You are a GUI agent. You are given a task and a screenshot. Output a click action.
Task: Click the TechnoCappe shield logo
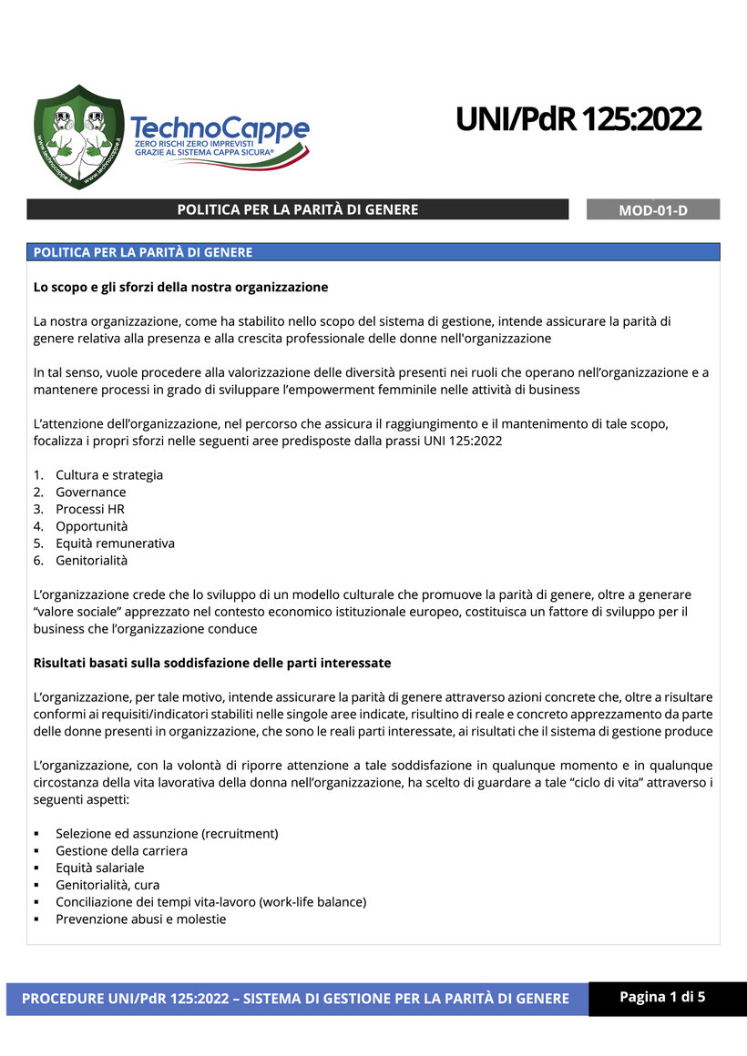pos(78,137)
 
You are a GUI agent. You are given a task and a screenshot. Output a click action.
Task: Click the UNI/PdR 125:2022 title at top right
pos(578,118)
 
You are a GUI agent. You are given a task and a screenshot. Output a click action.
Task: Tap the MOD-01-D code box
pos(653,210)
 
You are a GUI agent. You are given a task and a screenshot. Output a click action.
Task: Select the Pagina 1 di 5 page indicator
pos(662,997)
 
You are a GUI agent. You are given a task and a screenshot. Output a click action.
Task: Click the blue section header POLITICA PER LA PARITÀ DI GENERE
pos(143,252)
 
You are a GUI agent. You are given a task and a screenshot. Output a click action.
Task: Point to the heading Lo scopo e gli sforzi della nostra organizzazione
pos(180,287)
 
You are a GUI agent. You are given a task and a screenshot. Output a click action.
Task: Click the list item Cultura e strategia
pos(109,475)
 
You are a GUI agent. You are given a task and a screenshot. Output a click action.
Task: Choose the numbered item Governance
pos(91,492)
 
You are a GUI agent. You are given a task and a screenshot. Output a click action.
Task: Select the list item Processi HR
pos(90,509)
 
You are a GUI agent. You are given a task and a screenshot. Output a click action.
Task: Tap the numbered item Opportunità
pos(92,526)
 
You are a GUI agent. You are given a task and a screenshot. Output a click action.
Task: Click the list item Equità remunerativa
pos(115,543)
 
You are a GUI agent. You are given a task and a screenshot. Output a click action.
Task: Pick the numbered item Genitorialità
pos(92,561)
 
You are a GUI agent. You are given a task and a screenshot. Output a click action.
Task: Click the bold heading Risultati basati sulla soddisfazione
pos(212,663)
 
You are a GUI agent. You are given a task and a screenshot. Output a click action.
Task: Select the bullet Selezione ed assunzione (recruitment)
pos(167,834)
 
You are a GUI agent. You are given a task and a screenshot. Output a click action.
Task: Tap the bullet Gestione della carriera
pos(121,851)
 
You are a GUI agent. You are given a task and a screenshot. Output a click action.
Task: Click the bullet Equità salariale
pos(100,868)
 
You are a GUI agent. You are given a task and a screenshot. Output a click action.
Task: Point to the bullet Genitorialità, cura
pos(107,885)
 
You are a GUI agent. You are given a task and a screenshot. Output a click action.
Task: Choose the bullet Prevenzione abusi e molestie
pos(141,919)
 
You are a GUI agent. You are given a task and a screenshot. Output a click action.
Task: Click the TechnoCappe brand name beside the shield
pos(220,128)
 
